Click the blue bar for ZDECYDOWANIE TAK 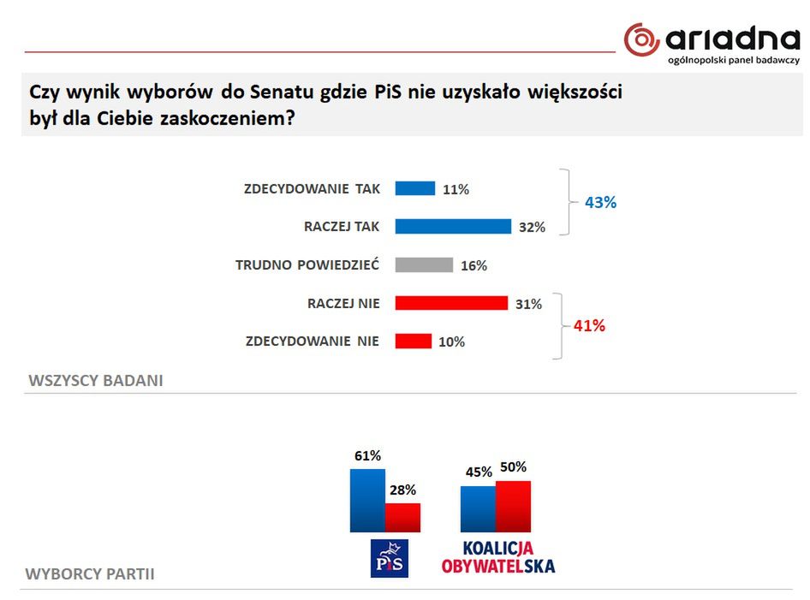414,188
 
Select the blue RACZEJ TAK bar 452,226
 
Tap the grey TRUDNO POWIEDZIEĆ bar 423,264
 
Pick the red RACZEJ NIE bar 450,303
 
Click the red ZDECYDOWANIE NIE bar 413,341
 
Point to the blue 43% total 600,203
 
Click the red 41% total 589,325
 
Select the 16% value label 473,265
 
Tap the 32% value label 532,227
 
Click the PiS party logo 389,558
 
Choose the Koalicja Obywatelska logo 497,556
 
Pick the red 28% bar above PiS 402,517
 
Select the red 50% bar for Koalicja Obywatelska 513,506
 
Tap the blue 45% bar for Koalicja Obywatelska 478,508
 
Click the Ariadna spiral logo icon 641,39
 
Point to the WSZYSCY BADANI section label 96,380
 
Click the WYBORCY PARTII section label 90,573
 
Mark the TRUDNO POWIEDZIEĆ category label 307,264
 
